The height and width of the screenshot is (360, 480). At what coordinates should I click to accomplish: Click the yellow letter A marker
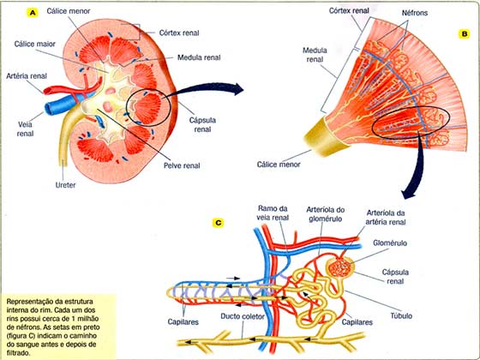[33, 13]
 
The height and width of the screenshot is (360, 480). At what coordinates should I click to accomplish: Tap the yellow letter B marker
[464, 34]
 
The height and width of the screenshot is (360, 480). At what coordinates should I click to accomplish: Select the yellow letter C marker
[218, 223]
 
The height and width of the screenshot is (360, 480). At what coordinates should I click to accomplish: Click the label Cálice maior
[35, 44]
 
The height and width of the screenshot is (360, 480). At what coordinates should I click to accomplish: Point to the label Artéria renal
[27, 76]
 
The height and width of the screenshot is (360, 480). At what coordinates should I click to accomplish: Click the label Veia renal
[25, 129]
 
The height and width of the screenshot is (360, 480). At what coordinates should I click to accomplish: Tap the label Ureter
[65, 185]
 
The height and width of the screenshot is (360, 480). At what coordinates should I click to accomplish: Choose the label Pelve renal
[182, 165]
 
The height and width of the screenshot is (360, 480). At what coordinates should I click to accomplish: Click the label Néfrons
[415, 13]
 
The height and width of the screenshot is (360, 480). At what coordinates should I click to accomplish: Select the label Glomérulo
[390, 243]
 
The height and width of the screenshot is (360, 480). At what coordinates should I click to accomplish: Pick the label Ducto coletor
[243, 316]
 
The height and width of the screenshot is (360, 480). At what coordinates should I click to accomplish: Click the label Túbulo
[401, 315]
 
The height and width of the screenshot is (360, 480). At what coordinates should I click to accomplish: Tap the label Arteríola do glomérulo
[326, 214]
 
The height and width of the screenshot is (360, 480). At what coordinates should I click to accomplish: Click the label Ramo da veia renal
[273, 213]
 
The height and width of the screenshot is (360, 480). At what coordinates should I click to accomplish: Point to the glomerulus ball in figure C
[339, 267]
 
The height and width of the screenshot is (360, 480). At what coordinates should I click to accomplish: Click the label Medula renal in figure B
[315, 55]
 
